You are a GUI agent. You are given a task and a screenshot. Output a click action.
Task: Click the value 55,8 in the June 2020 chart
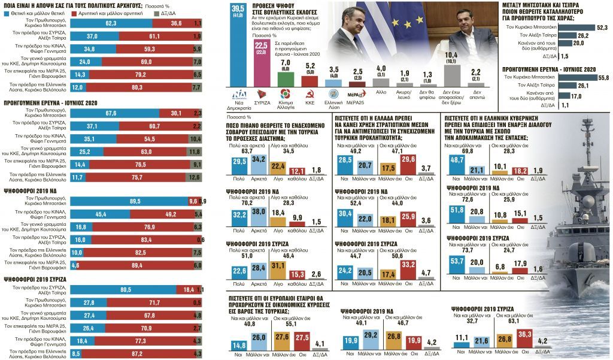pos(602,78)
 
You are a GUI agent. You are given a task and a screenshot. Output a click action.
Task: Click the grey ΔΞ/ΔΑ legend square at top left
pos(156,13)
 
